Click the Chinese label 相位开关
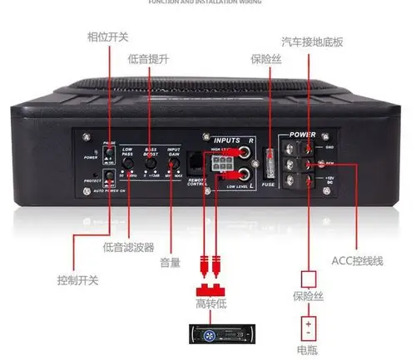tap(108, 37)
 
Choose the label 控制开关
tap(77, 280)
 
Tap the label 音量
tap(170, 264)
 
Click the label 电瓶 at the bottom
tap(309, 350)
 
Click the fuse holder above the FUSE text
tap(268, 160)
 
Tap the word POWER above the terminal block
tap(304, 135)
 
